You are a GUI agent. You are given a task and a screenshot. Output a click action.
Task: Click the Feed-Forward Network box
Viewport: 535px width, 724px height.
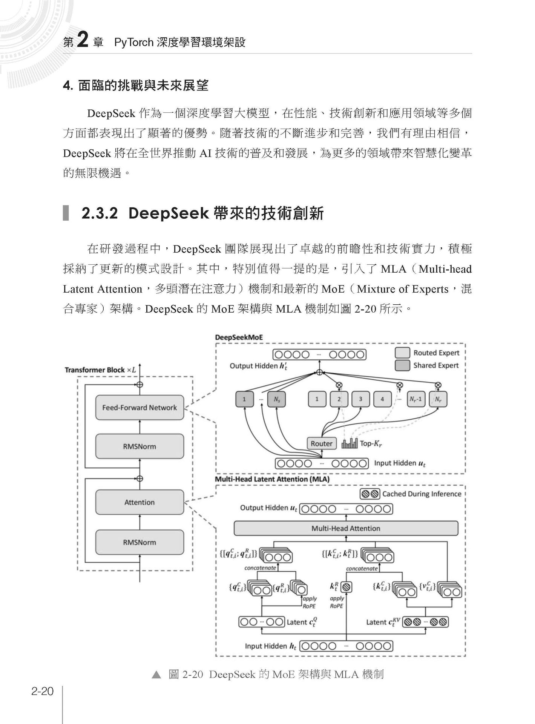[139, 408]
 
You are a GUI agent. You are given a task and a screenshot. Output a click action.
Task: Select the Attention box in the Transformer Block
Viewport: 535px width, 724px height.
[139, 502]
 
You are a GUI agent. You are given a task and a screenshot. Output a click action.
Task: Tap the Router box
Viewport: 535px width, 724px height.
[322, 443]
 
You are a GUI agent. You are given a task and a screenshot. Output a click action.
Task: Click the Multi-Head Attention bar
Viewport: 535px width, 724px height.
[346, 528]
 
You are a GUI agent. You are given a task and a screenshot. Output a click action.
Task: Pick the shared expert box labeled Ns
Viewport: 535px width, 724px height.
[276, 399]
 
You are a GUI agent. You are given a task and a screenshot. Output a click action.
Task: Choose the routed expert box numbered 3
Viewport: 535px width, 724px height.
[361, 399]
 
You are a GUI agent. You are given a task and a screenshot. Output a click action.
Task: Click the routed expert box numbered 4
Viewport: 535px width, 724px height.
[383, 399]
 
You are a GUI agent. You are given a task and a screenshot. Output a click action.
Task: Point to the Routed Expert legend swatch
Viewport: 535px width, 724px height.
[402, 353]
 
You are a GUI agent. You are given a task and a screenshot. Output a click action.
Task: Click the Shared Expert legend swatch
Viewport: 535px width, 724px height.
[402, 365]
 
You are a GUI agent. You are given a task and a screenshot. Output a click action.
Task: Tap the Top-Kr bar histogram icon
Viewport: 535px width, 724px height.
[350, 443]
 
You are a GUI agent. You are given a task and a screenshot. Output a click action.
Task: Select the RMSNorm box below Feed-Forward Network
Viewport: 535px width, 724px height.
[139, 446]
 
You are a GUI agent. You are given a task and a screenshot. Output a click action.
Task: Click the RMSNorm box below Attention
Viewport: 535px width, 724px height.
[139, 542]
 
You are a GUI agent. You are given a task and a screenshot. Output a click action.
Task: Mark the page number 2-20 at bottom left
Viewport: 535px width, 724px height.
[43, 692]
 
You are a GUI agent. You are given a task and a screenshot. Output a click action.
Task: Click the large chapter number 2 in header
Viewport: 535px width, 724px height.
[83, 40]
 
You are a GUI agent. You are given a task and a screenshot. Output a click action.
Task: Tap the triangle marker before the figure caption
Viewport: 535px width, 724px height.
[156, 675]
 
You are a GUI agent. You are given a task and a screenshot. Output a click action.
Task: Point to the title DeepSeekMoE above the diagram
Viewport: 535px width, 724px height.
[239, 337]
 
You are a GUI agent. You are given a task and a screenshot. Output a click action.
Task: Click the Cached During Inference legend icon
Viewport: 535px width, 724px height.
[370, 494]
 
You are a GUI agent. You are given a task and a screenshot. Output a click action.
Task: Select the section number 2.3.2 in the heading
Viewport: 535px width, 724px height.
[100, 213]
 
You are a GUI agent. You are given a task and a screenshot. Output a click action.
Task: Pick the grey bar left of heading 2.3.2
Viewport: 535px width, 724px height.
[66, 213]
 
